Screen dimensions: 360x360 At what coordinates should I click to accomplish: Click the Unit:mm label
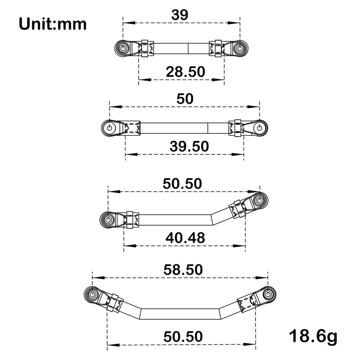tap(52, 24)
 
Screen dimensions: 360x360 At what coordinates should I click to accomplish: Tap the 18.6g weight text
tap(313, 336)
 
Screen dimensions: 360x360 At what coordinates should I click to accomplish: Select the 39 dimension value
tap(180, 14)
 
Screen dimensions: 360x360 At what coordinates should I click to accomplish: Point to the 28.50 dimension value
tap(185, 71)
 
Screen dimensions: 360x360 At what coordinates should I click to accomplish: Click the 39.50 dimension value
tap(189, 147)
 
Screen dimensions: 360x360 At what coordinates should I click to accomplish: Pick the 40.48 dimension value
tap(185, 238)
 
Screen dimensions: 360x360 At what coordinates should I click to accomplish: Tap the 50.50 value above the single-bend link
tap(182, 184)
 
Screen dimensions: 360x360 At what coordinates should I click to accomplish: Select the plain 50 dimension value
tap(185, 98)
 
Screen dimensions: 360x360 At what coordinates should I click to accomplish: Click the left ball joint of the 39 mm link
tap(123, 48)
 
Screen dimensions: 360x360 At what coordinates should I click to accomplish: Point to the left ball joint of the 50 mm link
tap(109, 128)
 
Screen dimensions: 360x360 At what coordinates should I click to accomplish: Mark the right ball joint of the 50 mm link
tap(260, 128)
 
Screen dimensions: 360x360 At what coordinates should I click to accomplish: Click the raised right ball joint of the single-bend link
tap(261, 200)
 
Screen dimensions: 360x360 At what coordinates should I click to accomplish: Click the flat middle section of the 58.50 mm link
tap(180, 314)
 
